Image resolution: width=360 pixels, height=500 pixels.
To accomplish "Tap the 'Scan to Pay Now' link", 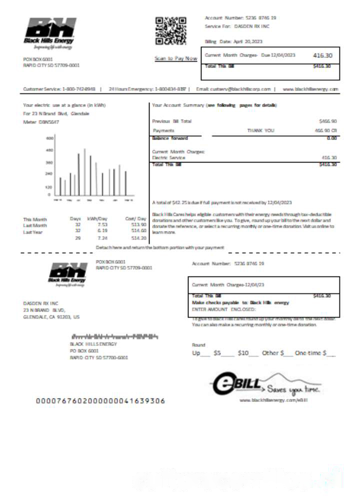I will coord(176,58).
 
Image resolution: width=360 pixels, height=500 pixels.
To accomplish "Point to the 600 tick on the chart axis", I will coord(49,137).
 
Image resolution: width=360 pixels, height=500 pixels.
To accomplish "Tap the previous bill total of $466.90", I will coord(327,121).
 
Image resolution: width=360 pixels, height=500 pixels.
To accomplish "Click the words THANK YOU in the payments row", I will coord(260,130).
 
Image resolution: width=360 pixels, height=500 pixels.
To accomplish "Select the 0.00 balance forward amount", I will coord(331,138).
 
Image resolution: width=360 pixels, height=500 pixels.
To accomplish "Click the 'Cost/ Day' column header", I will coord(135,218).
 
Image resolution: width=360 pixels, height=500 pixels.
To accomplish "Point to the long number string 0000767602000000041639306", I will coord(100,401).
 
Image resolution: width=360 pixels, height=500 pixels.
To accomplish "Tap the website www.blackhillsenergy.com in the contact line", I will coord(310,89).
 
